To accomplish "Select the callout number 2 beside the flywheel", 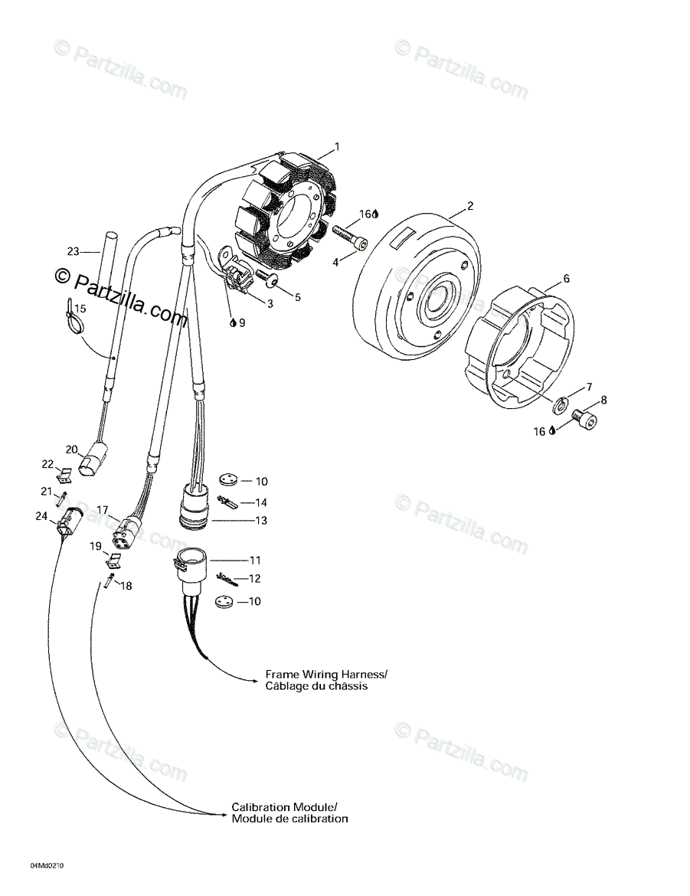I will click(471, 205).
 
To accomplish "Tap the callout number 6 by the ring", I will click(566, 279).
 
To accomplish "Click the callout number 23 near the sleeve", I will click(74, 251).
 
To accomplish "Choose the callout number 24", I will click(41, 516).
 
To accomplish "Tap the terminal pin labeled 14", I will click(228, 502).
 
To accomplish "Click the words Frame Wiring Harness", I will click(326, 674).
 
